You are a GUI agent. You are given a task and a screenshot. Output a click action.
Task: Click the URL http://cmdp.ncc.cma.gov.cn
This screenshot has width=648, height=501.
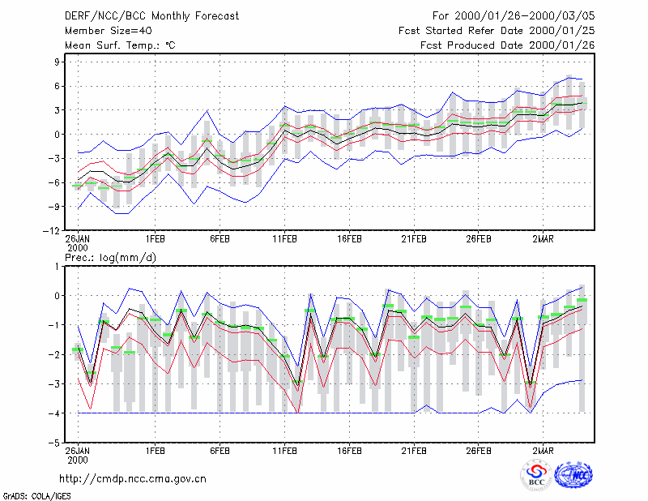pyautogui.click(x=133, y=479)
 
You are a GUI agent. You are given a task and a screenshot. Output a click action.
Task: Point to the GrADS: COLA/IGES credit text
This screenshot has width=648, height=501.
pyautogui.click(x=36, y=496)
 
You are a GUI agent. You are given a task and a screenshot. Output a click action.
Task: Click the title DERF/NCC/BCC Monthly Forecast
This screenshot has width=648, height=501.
pyautogui.click(x=151, y=16)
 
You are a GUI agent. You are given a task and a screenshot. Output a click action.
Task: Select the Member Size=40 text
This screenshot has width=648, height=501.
pyautogui.click(x=109, y=31)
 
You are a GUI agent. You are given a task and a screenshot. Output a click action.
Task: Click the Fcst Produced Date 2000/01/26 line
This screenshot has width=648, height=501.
pyautogui.click(x=508, y=45)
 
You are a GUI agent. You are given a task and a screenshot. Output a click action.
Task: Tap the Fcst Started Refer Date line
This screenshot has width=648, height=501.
pyautogui.click(x=497, y=31)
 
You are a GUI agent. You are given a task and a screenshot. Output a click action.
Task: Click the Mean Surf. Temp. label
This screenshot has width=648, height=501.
pyautogui.click(x=120, y=45)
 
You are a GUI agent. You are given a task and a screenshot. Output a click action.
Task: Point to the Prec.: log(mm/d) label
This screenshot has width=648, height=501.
pyautogui.click(x=110, y=258)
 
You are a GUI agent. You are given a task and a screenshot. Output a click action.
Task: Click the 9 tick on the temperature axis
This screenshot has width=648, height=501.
pyautogui.click(x=57, y=62)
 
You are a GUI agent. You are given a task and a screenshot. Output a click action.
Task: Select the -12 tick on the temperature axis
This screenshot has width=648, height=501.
pyautogui.click(x=51, y=231)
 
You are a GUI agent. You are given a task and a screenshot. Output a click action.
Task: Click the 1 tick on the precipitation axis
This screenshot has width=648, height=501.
pyautogui.click(x=57, y=267)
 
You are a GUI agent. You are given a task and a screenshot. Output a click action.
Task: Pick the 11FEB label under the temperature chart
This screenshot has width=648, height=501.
pyautogui.click(x=284, y=239)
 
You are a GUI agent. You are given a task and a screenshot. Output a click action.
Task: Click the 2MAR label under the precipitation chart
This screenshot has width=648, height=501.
pyautogui.click(x=543, y=451)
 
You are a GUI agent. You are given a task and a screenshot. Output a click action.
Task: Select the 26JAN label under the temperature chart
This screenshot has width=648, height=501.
pyautogui.click(x=78, y=239)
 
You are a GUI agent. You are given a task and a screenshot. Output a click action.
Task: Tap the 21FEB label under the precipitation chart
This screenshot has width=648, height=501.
pyautogui.click(x=414, y=451)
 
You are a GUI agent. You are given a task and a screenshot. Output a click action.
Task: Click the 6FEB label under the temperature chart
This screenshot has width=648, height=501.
pyautogui.click(x=220, y=239)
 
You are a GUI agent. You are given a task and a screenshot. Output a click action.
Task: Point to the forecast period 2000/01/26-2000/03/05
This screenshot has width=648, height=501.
pyautogui.click(x=525, y=16)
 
